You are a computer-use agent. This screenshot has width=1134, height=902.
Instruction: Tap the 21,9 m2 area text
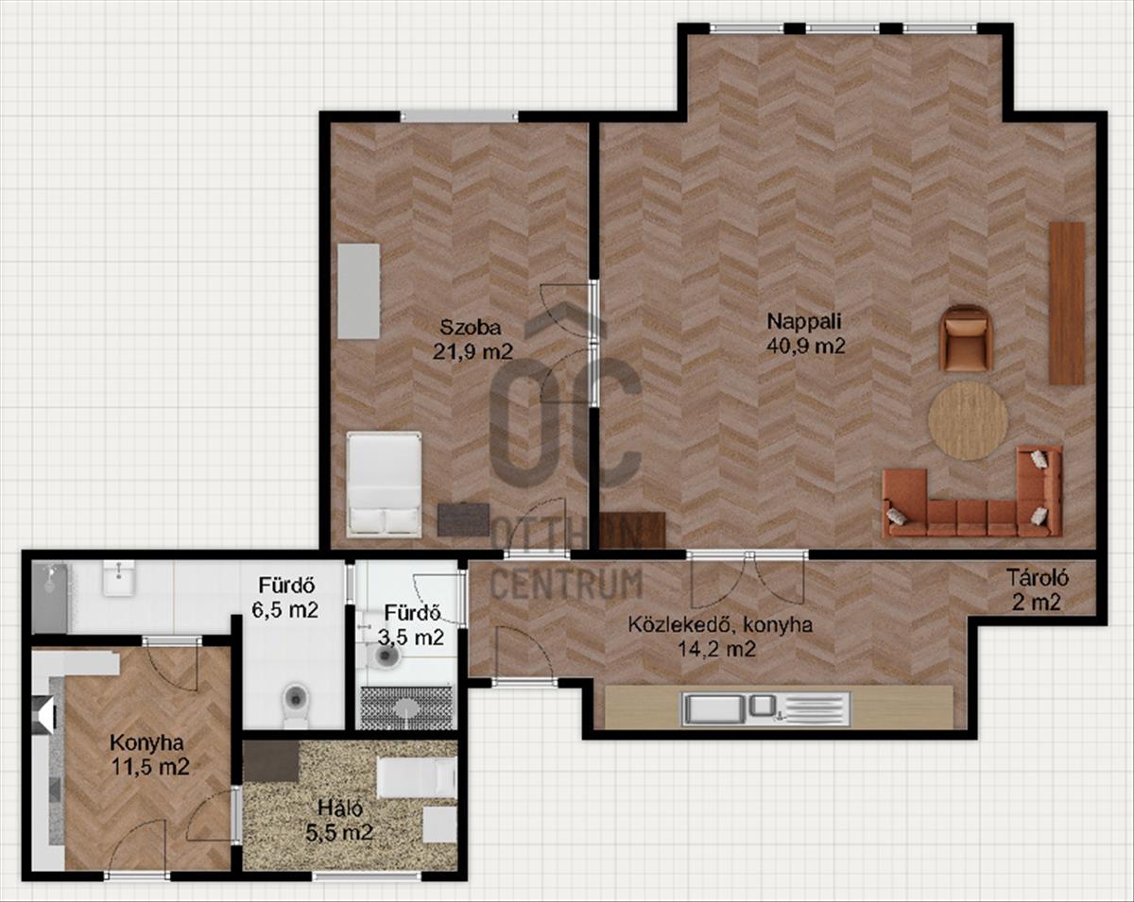pos(472,351)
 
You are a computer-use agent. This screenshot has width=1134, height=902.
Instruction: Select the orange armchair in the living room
pos(967,339)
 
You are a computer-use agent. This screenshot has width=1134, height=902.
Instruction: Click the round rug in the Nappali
pos(968,421)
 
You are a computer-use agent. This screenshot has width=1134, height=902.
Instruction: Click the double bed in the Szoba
pos(385,484)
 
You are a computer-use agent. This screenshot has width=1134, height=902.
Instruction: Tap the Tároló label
pos(1037,578)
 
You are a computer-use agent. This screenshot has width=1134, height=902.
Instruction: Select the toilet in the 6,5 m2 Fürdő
pos(295,705)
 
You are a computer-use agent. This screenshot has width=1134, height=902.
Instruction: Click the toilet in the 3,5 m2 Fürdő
pos(387,655)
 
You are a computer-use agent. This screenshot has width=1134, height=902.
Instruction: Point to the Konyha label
pos(146,743)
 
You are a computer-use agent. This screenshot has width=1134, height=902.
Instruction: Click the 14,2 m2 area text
pos(716,649)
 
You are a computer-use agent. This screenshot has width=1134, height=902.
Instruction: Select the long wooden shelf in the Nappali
pos(1067,303)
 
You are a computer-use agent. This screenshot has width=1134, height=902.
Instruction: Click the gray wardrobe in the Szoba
pos(359,291)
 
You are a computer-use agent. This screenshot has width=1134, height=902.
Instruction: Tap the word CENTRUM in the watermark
pos(569,585)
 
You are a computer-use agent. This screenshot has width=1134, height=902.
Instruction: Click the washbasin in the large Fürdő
pos(119,578)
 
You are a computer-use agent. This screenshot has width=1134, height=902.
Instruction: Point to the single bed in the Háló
pos(418,777)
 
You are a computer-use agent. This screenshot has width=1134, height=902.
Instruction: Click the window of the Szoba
pos(459,116)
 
